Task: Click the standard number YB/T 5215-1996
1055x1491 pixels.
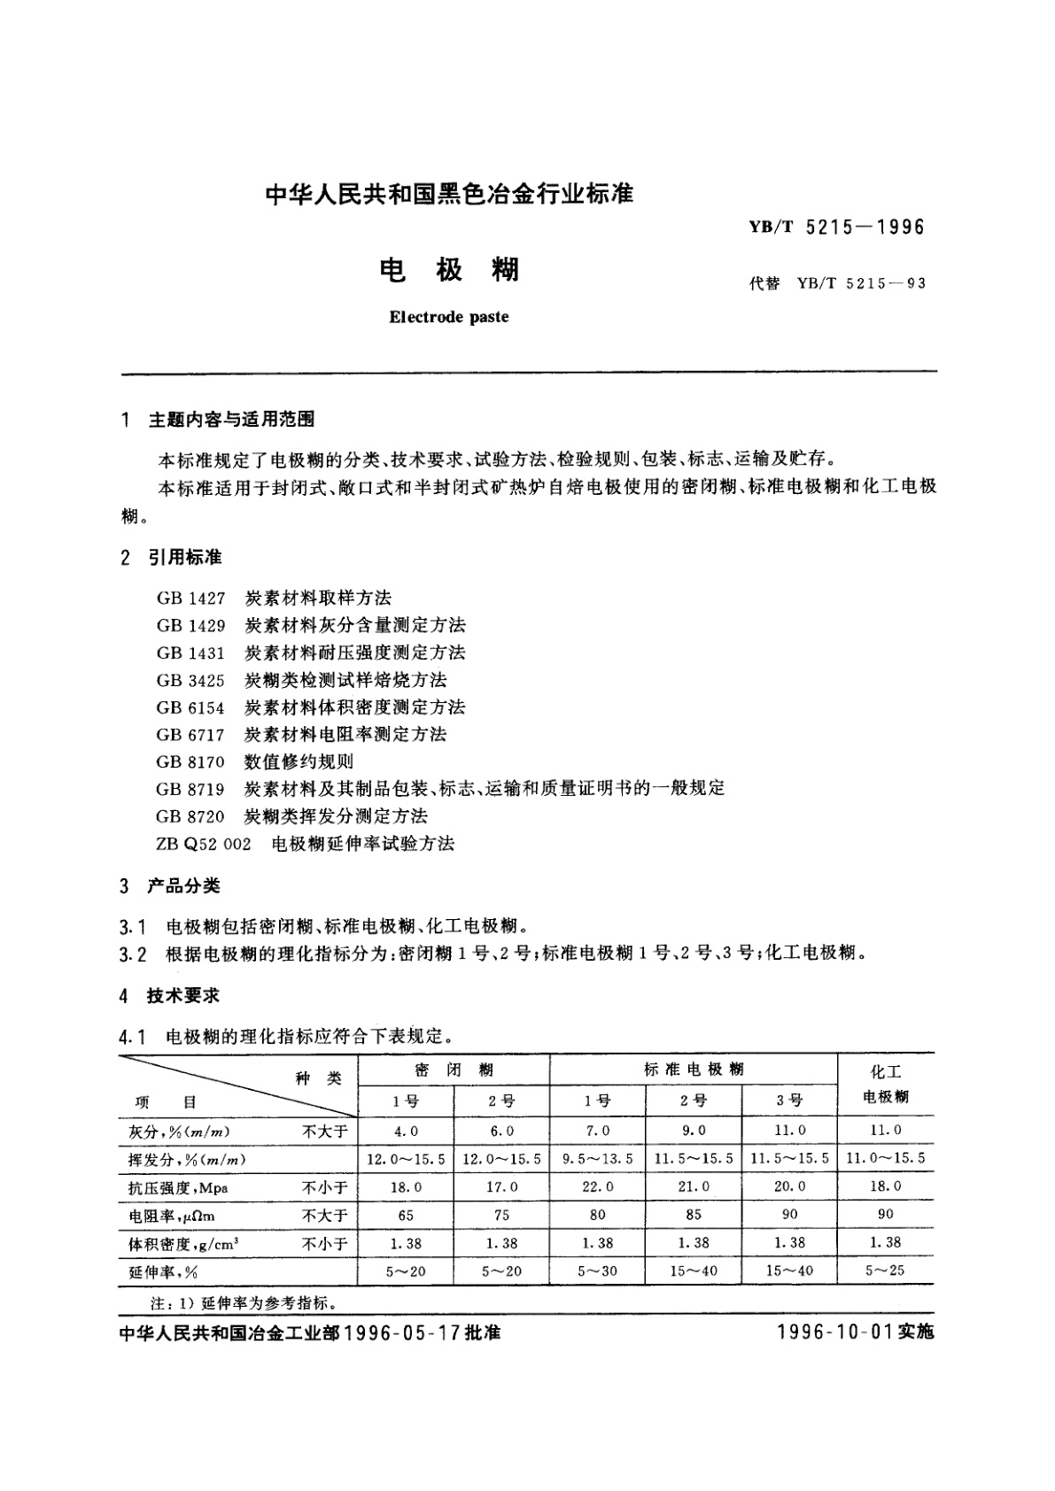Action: pyautogui.click(x=836, y=228)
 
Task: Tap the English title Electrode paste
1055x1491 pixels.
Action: pyautogui.click(x=449, y=317)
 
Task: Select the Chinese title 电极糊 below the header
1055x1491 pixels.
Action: pyautogui.click(x=449, y=269)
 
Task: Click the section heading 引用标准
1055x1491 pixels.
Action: pyautogui.click(x=185, y=557)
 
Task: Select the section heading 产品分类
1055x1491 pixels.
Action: pyautogui.click(x=184, y=886)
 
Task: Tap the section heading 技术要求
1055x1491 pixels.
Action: pyautogui.click(x=183, y=995)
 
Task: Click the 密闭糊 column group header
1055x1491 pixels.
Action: pyautogui.click(x=454, y=1070)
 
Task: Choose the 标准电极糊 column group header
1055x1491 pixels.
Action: pyautogui.click(x=694, y=1070)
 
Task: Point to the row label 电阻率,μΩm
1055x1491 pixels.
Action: pyautogui.click(x=166, y=1216)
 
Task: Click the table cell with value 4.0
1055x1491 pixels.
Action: pyautogui.click(x=406, y=1131)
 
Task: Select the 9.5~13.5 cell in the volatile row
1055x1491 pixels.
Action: pyautogui.click(x=598, y=1158)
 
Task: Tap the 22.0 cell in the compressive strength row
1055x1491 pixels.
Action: pyautogui.click(x=598, y=1186)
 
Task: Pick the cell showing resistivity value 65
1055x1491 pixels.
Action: pyautogui.click(x=406, y=1215)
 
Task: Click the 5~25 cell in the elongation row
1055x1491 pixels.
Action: pyautogui.click(x=886, y=1271)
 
